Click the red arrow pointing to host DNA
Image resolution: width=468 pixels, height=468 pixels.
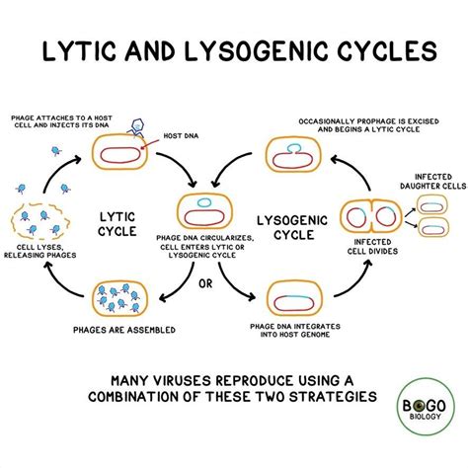click(x=154, y=144)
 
